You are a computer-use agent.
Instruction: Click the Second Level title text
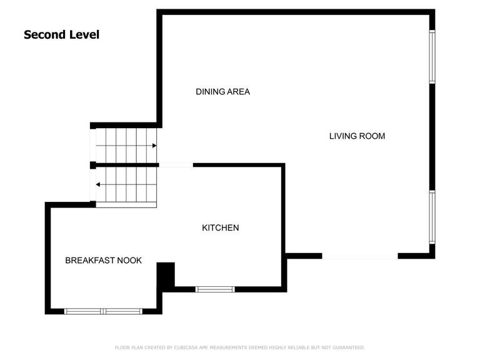(x=61, y=34)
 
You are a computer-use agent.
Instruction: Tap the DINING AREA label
(x=223, y=91)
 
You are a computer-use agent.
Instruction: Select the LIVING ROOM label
(x=357, y=136)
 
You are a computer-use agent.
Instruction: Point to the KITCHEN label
(x=221, y=227)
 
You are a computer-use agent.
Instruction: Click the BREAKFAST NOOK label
(x=104, y=260)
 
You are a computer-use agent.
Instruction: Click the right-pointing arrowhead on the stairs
(x=154, y=146)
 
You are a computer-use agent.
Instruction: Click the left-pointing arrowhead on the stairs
(x=98, y=184)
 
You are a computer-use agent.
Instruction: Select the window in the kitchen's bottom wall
(x=215, y=289)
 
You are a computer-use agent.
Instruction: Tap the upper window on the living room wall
(x=432, y=57)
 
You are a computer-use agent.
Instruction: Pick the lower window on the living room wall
(x=432, y=217)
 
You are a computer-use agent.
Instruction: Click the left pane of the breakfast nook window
(x=83, y=311)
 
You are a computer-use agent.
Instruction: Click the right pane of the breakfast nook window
(x=122, y=311)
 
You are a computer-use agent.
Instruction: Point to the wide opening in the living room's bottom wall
(x=360, y=256)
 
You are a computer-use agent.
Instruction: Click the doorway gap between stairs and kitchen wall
(x=176, y=165)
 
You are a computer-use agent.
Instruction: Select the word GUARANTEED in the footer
(x=349, y=347)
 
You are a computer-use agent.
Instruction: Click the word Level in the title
(x=84, y=34)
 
